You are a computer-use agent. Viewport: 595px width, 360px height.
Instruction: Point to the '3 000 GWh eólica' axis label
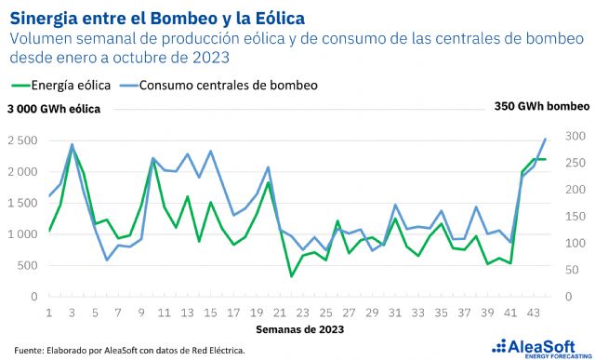[x=54, y=109]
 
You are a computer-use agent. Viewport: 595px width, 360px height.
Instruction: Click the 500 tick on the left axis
[x=27, y=265]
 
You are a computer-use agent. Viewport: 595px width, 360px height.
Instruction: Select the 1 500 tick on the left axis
[x=21, y=203]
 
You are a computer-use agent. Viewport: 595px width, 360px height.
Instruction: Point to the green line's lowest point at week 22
[x=291, y=276]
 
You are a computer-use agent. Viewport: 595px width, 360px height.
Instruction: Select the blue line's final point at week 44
[x=545, y=139]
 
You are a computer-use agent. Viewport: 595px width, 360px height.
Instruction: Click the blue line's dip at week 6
[x=107, y=260]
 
